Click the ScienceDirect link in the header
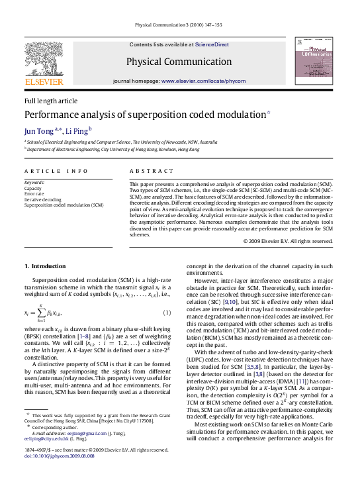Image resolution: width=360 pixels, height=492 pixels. (x=212, y=44)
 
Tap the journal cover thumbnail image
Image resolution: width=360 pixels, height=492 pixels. (x=314, y=61)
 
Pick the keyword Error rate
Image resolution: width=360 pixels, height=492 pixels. (x=35, y=193)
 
